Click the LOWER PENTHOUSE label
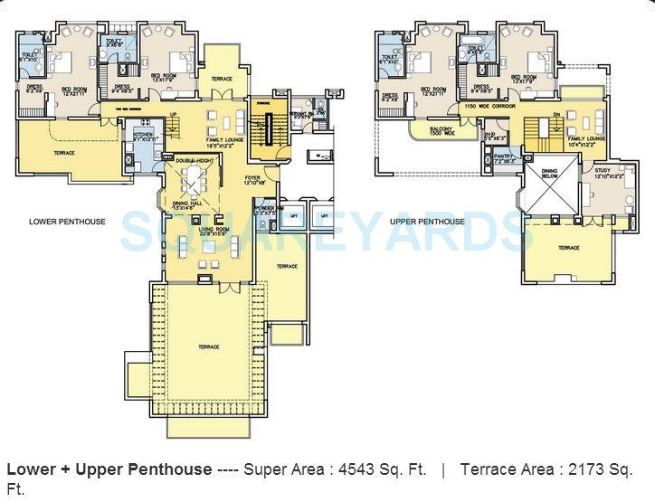pos(67,222)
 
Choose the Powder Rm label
pos(265,211)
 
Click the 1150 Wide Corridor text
pos(489,107)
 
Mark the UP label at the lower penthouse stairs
pos(173,114)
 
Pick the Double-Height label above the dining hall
pos(194,159)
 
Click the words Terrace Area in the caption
pos(502,470)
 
